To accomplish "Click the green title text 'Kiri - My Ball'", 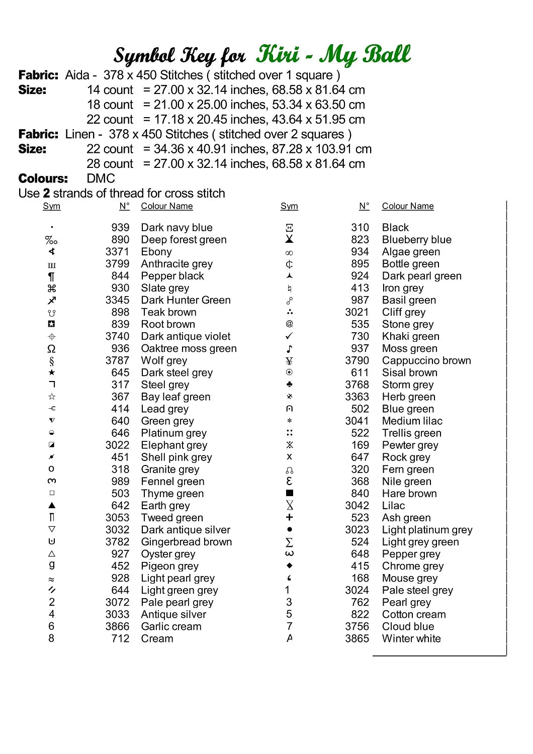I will pos(333,55).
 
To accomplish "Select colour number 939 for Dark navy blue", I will pos(120,228).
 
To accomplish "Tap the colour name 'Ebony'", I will pos(156,252).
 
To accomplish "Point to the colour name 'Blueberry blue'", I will pos(416,240).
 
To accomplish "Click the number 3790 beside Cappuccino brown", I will pos(357,360).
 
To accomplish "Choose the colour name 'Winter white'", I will pos(411,638).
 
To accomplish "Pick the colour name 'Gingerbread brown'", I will pos(187,542).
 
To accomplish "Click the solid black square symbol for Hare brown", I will pos(290,493).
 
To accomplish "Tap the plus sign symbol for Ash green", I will pos(289,517).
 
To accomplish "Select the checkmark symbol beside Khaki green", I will pos(289,336).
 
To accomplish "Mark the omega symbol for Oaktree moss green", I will pos(51,348).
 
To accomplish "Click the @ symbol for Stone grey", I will pos(289,324).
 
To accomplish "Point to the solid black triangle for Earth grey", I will pos(52,505).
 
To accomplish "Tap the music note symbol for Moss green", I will pos(290,348).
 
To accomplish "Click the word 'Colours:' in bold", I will pos(43,178).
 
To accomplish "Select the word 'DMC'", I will pos(101,178).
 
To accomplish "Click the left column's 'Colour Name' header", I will pos(166,206).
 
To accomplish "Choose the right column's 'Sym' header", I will pos(289,206).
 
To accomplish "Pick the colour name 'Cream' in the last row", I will pos(157,638).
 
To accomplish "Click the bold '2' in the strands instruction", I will pos(46,194).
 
